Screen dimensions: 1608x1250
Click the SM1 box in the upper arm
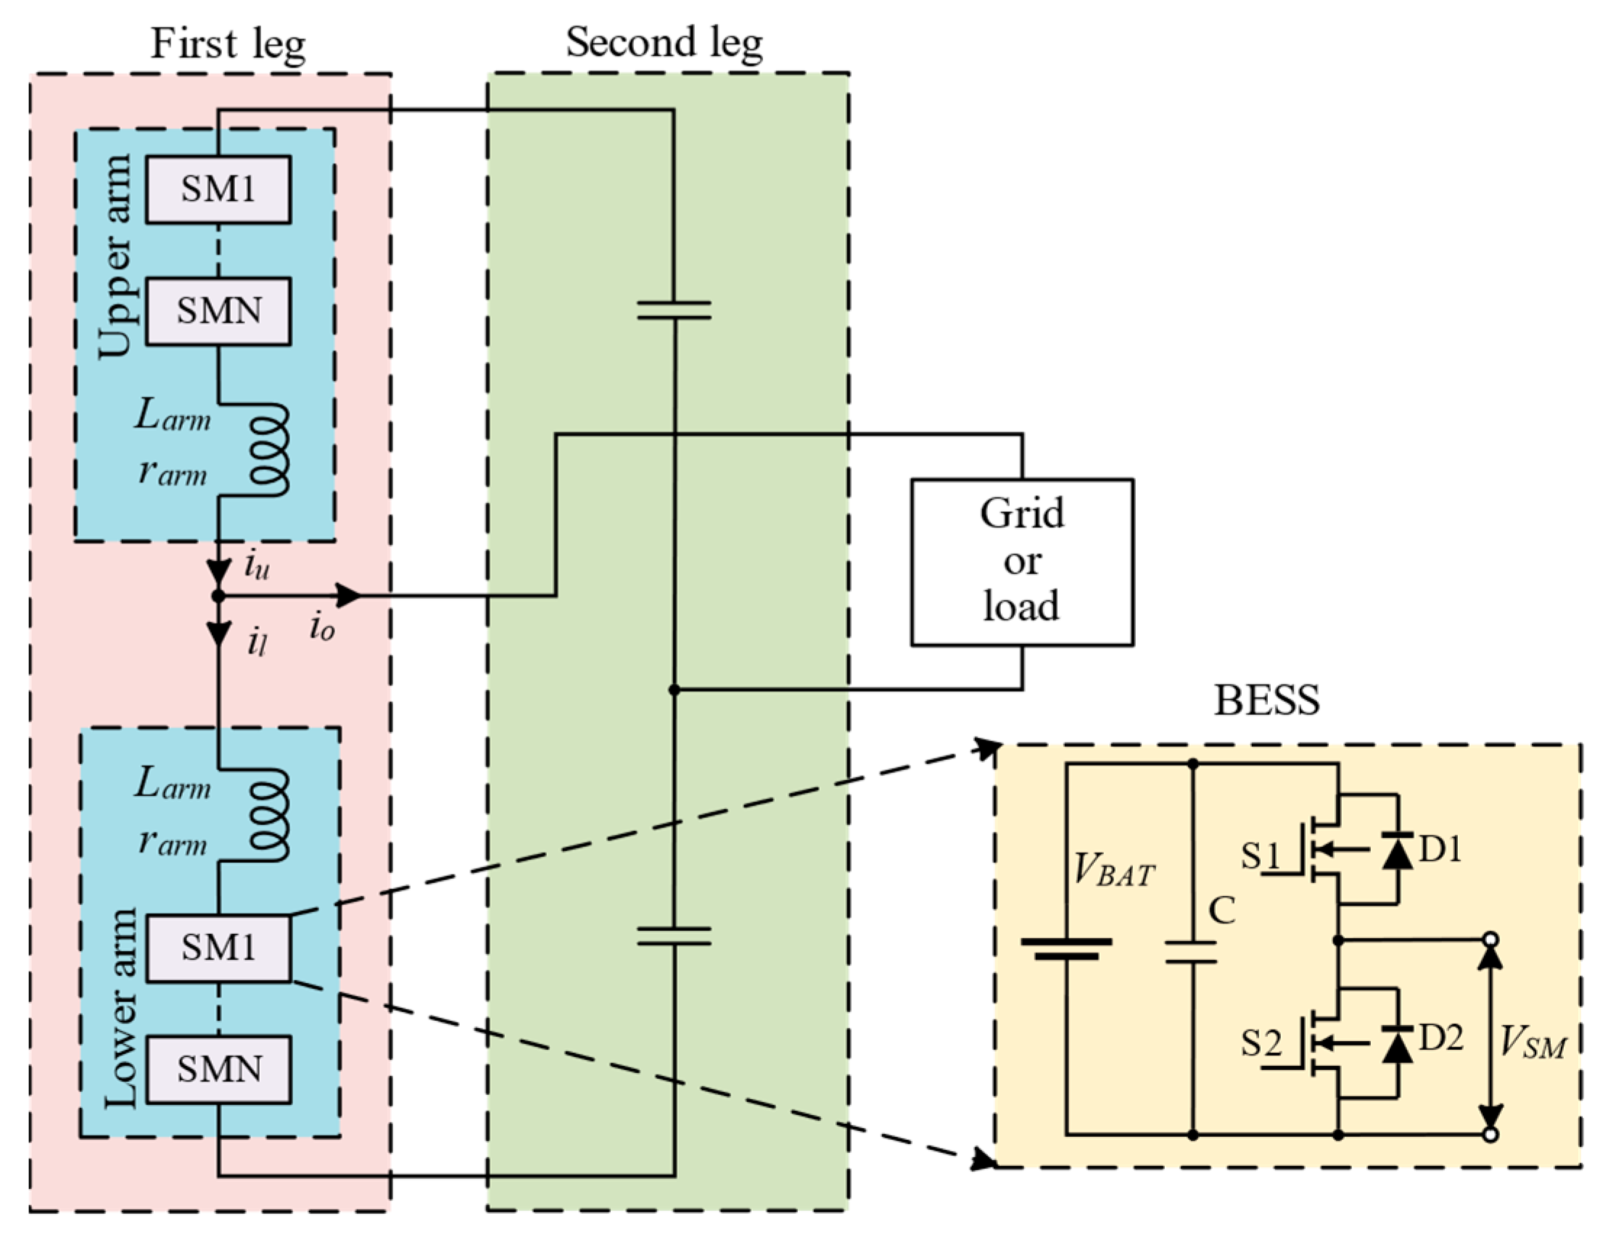click(x=218, y=189)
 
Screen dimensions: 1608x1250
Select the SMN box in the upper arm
click(x=218, y=311)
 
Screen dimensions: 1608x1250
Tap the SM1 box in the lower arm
click(x=218, y=948)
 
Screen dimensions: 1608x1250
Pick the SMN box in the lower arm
click(x=218, y=1069)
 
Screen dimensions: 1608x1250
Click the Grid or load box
click(x=1022, y=563)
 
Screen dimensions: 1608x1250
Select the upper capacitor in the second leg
click(x=674, y=310)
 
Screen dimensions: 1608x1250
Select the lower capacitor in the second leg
click(x=674, y=935)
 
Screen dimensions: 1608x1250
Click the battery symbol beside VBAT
click(x=1066, y=949)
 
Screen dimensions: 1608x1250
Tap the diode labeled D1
click(x=1397, y=850)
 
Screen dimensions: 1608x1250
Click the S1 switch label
click(x=1261, y=856)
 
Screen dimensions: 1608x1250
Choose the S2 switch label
click(x=1261, y=1043)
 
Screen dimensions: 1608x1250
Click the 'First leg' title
click(x=228, y=44)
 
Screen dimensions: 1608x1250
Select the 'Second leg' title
click(x=664, y=43)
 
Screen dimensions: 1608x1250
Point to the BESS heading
click(x=1266, y=700)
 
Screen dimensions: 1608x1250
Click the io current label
click(x=323, y=628)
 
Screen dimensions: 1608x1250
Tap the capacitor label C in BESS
click(x=1222, y=911)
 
